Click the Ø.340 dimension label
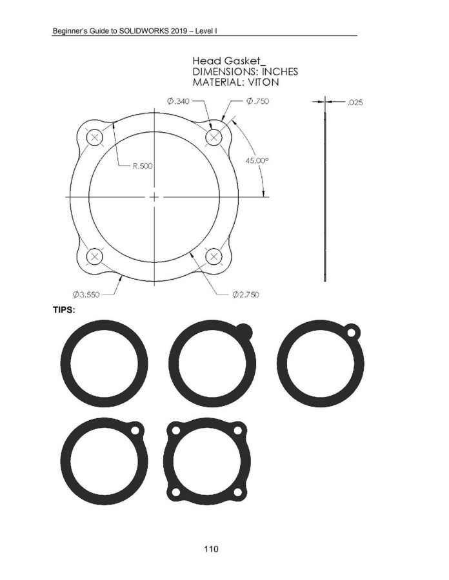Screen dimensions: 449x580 point(178,101)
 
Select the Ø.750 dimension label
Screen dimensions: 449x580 point(257,101)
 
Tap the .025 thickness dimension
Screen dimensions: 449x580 point(355,102)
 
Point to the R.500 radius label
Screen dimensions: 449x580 point(143,166)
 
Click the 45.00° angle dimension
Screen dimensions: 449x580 point(257,160)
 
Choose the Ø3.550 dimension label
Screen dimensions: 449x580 point(86,295)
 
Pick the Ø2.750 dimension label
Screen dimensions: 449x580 point(246,295)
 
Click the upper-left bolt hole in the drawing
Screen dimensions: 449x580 point(95,138)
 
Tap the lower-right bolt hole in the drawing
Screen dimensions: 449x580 point(214,256)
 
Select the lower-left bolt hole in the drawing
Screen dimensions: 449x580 point(95,256)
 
